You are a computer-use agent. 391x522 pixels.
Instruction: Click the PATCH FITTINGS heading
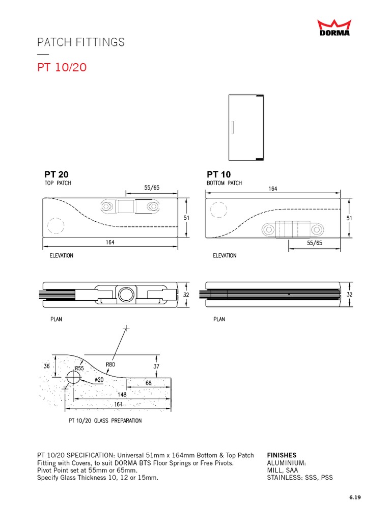coord(81,42)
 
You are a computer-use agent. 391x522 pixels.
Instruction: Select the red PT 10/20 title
coord(62,67)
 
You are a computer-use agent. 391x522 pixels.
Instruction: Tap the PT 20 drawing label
coord(53,174)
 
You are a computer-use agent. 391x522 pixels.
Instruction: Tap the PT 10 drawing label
coord(218,174)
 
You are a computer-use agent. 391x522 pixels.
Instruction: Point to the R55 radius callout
coord(79,368)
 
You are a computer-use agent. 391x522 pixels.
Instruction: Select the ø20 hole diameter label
coord(99,380)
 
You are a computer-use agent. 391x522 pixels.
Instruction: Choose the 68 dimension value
coord(148,383)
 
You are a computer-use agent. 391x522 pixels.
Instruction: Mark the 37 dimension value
coord(157,366)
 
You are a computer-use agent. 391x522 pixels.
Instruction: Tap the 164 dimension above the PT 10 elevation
coord(272,189)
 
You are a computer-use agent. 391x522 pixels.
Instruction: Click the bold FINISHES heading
coord(282,455)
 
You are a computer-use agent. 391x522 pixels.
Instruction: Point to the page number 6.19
coord(354,498)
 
